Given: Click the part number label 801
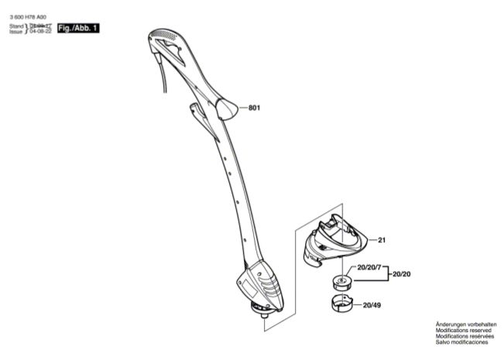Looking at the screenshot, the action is point(253,108).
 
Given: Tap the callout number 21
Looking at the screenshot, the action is point(382,240).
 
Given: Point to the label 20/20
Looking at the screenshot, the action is point(401,274).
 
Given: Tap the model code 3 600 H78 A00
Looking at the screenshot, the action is point(28,17).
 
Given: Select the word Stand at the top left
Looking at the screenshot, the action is point(16,26).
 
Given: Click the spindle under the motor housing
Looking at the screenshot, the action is point(257,311).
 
